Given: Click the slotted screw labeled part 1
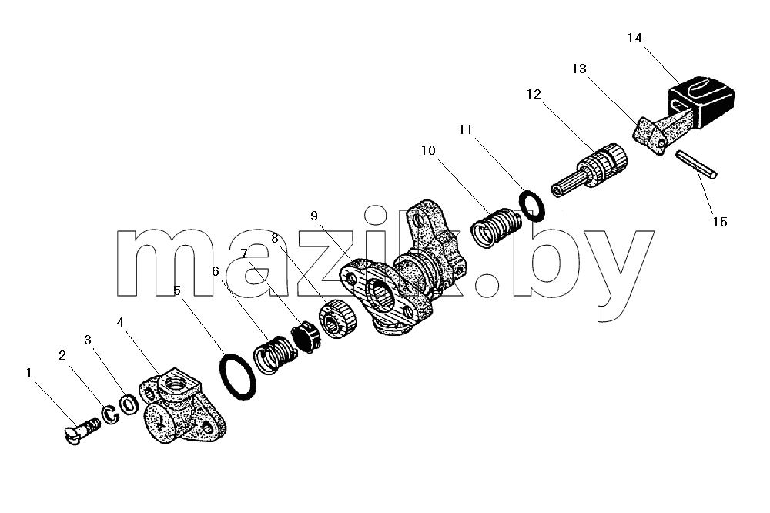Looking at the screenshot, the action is pos(82,431).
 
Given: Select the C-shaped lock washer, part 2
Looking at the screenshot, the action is pos(111,414).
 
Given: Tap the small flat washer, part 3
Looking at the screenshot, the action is pos(129,404).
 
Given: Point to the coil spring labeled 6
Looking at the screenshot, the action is pos(275,354).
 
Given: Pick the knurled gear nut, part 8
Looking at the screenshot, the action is pos(338,319).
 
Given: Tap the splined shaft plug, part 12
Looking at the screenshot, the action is pos(589,170).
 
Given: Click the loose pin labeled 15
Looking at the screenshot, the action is pos(696,164).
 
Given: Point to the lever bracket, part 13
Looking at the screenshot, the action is pos(655,129).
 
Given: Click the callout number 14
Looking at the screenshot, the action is pos(634,38).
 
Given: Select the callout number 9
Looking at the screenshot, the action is pos(314,216).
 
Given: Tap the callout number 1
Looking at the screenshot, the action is pos(28,373).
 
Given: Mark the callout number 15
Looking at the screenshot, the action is pos(719,222).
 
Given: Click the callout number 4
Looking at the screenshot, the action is pos(120,322).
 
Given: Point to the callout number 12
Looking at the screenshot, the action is pos(534,94).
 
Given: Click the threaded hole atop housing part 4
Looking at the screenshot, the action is pos(172,380).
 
